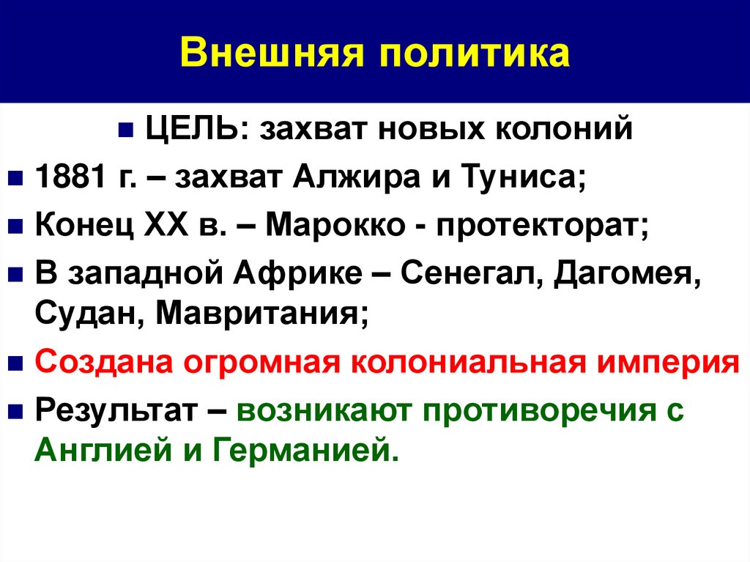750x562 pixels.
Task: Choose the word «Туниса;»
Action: point(516,179)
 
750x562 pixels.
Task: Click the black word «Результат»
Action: point(114,411)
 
